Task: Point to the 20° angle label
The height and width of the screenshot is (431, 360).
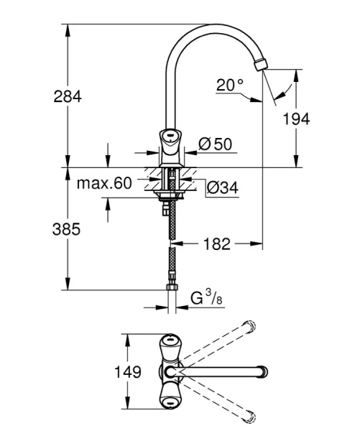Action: pos(230,85)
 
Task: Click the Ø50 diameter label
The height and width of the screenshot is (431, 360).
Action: pos(215,144)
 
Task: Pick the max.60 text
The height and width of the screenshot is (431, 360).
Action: pos(104,183)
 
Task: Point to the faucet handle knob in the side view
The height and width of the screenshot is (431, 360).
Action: pos(170,136)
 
